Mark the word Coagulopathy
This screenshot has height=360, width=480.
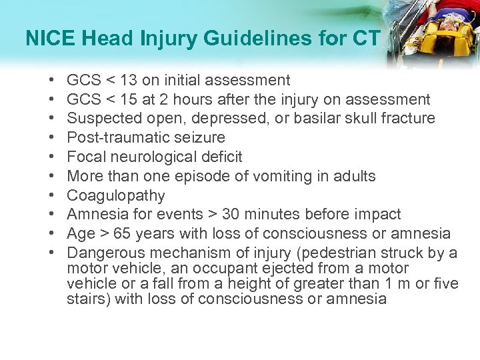(x=116, y=196)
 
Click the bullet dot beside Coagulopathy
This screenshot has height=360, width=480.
(x=52, y=196)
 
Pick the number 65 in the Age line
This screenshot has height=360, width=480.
(x=121, y=234)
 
